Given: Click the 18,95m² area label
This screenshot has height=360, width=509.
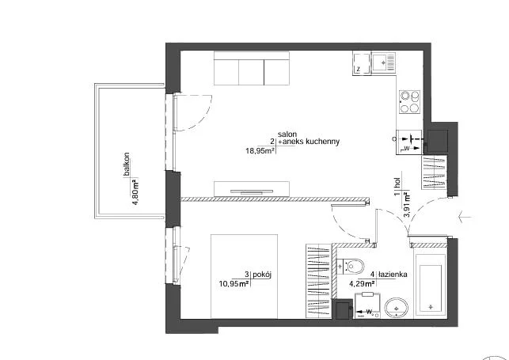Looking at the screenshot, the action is tap(260, 151).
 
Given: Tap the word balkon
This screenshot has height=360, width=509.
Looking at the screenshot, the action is tap(127, 164).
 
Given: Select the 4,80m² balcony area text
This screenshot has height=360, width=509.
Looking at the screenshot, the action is tap(135, 191).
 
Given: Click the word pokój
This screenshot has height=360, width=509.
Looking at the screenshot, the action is tap(262, 275).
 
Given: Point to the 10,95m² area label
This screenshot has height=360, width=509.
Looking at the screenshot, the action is tap(234, 284).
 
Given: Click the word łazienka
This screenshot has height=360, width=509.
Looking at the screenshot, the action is tap(393, 275).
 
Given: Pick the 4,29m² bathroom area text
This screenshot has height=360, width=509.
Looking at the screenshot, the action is tap(362, 284).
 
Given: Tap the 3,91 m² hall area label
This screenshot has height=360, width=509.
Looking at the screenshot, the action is tap(406, 207).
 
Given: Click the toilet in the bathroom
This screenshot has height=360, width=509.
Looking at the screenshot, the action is tap(350, 267).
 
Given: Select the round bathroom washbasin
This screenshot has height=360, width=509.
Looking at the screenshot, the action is tap(397, 308).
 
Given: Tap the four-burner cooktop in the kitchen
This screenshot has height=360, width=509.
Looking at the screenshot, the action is tap(410, 101).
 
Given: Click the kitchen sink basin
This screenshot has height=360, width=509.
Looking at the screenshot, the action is tap(380, 63).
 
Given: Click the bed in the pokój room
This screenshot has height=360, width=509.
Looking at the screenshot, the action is tap(244, 276).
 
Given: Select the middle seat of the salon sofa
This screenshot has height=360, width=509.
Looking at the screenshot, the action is tap(252, 72).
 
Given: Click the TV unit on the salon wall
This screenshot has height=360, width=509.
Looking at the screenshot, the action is tap(252, 189).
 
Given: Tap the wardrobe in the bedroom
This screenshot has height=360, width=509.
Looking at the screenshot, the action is tap(318, 281).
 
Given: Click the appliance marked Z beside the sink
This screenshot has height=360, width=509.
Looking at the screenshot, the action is tap(362, 63).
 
